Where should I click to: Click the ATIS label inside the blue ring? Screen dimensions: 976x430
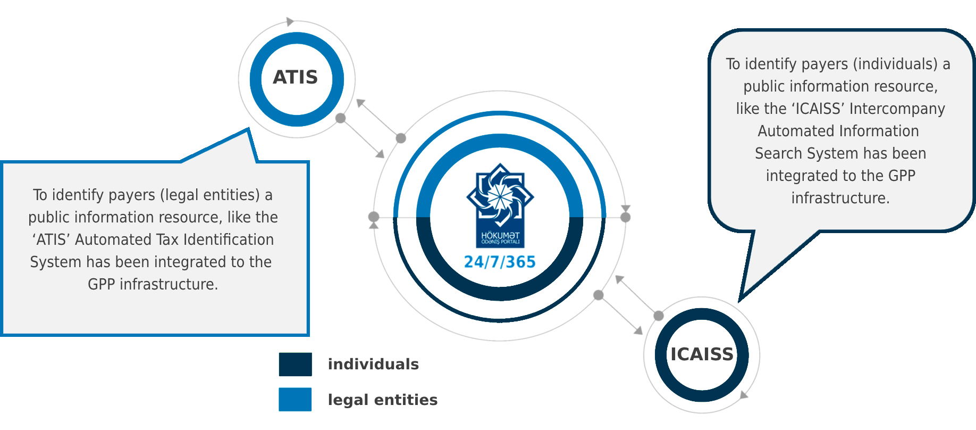coord(295,78)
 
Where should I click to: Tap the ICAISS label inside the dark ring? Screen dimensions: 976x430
coord(702,354)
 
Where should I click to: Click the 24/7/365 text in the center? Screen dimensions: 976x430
coord(500,262)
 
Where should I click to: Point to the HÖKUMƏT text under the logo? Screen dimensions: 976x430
coord(500,235)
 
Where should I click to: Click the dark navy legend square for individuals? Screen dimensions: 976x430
coord(295,365)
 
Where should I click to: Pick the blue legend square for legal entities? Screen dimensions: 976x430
coord(295,400)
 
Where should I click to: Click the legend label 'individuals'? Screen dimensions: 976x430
coord(373,365)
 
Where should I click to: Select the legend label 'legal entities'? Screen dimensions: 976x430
coord(383,400)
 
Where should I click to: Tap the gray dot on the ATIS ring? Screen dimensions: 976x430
coord(341,118)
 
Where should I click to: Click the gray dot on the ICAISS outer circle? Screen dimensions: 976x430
coord(659,316)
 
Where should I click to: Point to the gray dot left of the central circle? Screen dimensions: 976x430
coord(374,217)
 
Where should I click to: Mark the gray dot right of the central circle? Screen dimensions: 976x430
coord(626,217)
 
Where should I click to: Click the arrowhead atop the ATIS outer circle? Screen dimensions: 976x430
coord(290,22)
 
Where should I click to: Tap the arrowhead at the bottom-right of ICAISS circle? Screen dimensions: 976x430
coord(744,394)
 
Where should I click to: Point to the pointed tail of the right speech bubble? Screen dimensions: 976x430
coord(741,300)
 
